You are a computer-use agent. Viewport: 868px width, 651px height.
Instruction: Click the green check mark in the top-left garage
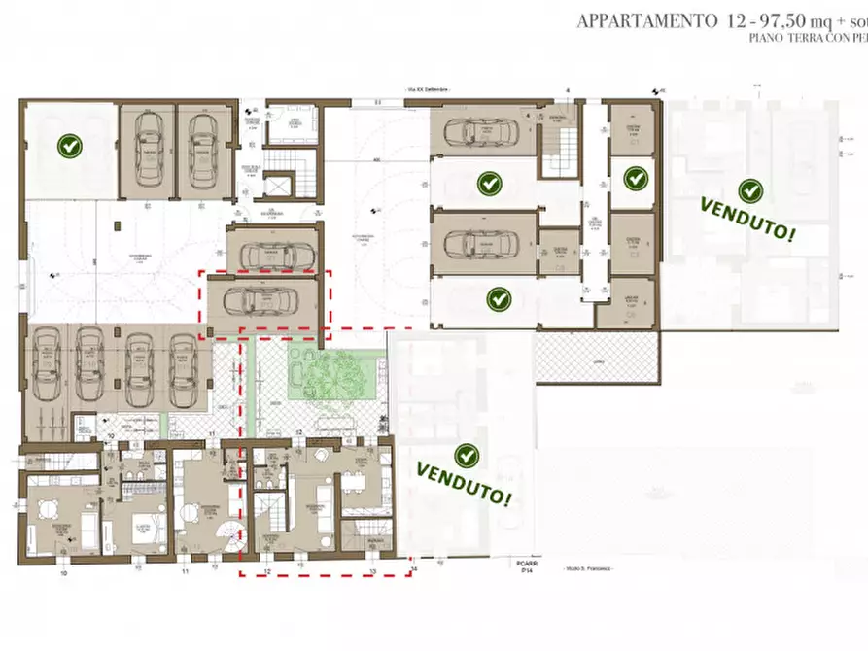click(69, 147)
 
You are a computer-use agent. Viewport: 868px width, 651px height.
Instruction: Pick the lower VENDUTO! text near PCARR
click(465, 483)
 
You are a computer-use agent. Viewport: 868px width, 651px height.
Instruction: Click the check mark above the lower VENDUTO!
click(468, 454)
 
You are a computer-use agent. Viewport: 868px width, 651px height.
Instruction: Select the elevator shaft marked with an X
click(282, 186)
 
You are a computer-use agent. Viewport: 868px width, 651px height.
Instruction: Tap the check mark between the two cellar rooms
click(636, 178)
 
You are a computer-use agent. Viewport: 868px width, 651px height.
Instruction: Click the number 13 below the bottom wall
click(372, 572)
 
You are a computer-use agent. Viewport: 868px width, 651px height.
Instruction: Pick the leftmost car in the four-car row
click(46, 368)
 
